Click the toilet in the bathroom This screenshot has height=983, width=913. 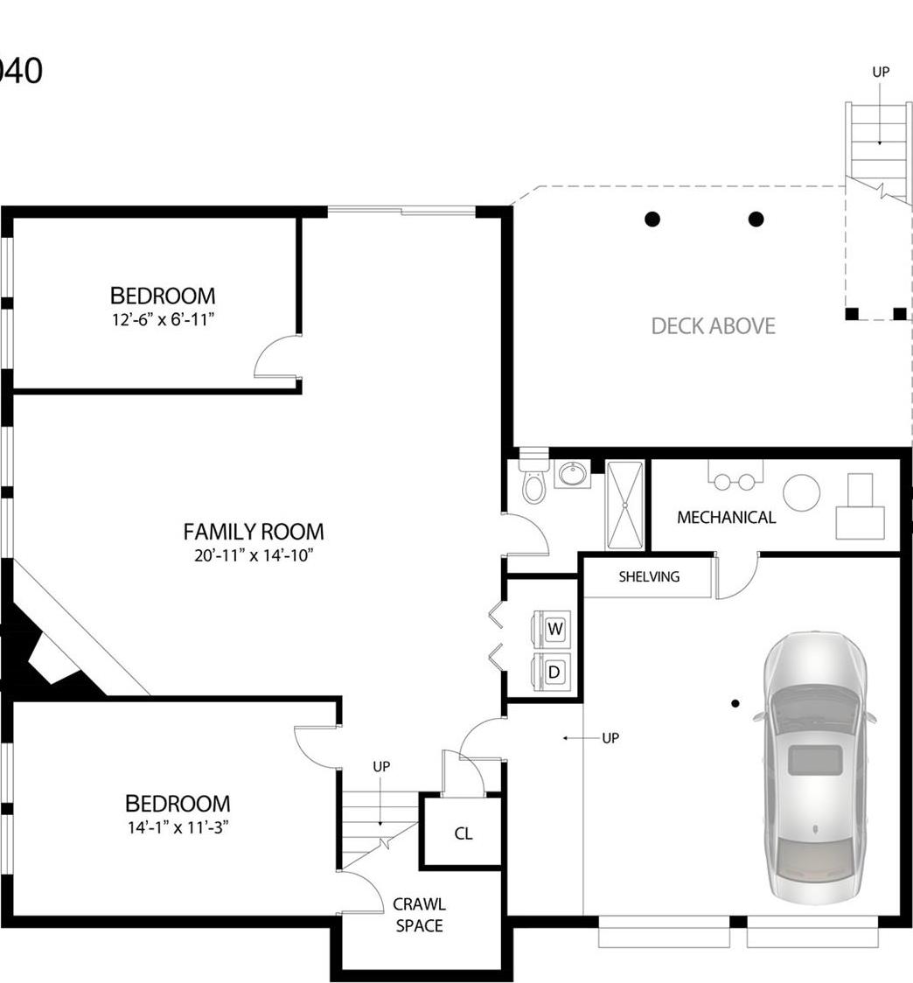pos(533,484)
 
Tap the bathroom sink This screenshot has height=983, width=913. pos(573,475)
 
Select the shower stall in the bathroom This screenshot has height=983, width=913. pos(625,505)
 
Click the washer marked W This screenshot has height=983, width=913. pos(554,628)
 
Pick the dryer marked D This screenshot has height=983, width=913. pos(553,672)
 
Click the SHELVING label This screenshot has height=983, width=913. pos(649,577)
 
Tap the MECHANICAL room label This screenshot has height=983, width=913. pos(726,518)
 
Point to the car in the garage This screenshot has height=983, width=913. pos(815,768)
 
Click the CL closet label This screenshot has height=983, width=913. pos(463,834)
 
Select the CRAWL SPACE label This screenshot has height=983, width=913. pos(419,915)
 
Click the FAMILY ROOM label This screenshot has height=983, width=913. pos(253,532)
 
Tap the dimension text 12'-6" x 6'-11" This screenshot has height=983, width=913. pos(163,320)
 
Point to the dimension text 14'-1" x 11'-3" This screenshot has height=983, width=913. pos(178,827)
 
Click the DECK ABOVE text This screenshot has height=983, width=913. pos(713,326)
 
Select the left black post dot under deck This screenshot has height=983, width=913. pos(652,219)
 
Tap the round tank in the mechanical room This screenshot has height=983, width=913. pos(801,493)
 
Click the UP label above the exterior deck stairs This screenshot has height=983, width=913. pos(881,73)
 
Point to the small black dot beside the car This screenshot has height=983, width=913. pos(735,703)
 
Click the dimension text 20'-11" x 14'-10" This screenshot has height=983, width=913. pos(253,555)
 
